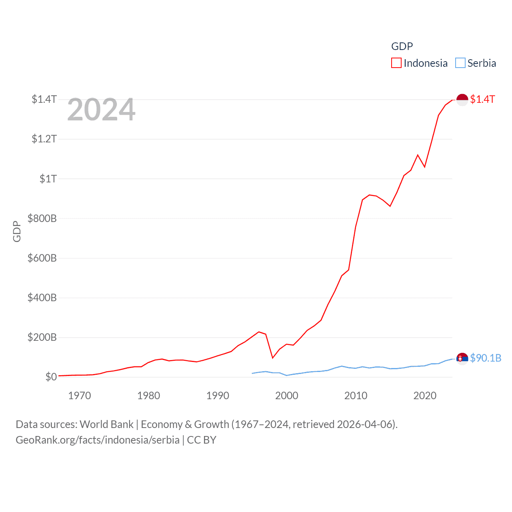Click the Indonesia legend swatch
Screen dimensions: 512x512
click(x=396, y=63)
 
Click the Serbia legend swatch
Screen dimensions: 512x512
click(x=460, y=63)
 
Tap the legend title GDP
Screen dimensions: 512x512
click(x=402, y=46)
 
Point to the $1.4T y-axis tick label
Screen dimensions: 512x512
click(x=44, y=99)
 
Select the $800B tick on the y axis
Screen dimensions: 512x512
click(x=42, y=218)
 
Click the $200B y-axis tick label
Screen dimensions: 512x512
click(x=42, y=337)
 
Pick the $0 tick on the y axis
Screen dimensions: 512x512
click(x=51, y=377)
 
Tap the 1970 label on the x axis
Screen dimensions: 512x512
click(x=80, y=396)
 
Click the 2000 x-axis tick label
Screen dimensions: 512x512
click(x=287, y=396)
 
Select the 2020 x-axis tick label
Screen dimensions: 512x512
click(x=425, y=396)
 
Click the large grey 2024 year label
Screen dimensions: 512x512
click(x=101, y=110)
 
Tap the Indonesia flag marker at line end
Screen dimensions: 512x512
click(x=462, y=100)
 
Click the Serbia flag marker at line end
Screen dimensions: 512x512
click(x=462, y=359)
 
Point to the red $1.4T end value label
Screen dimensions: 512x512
click(x=482, y=99)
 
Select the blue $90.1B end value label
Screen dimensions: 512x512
click(x=486, y=358)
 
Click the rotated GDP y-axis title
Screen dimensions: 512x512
click(x=17, y=231)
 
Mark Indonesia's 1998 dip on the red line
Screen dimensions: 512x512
click(x=273, y=358)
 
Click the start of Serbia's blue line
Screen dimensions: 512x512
click(x=252, y=373)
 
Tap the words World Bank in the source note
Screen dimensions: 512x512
click(x=106, y=424)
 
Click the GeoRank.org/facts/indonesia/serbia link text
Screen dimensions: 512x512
click(x=98, y=440)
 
